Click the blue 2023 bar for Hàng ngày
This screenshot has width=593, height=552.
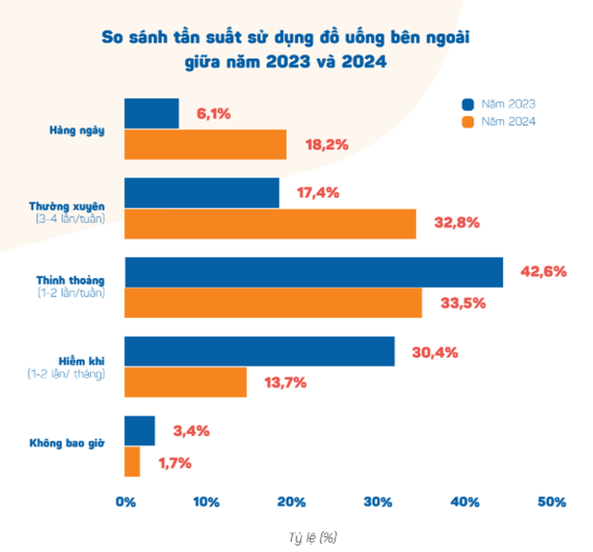tap(151, 113)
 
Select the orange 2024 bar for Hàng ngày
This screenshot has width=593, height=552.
tap(205, 144)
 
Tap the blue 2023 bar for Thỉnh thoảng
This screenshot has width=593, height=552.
tap(314, 272)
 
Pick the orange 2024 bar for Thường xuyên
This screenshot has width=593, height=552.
tap(270, 223)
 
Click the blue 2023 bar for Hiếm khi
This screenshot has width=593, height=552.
tap(259, 351)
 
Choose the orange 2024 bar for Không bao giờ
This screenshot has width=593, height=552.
tap(132, 461)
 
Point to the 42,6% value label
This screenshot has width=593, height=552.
tap(543, 271)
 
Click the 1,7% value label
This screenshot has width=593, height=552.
tap(174, 463)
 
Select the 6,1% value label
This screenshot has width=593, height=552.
tap(213, 113)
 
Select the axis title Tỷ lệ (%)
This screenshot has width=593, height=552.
tap(313, 537)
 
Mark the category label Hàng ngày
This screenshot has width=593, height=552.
tap(77, 131)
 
